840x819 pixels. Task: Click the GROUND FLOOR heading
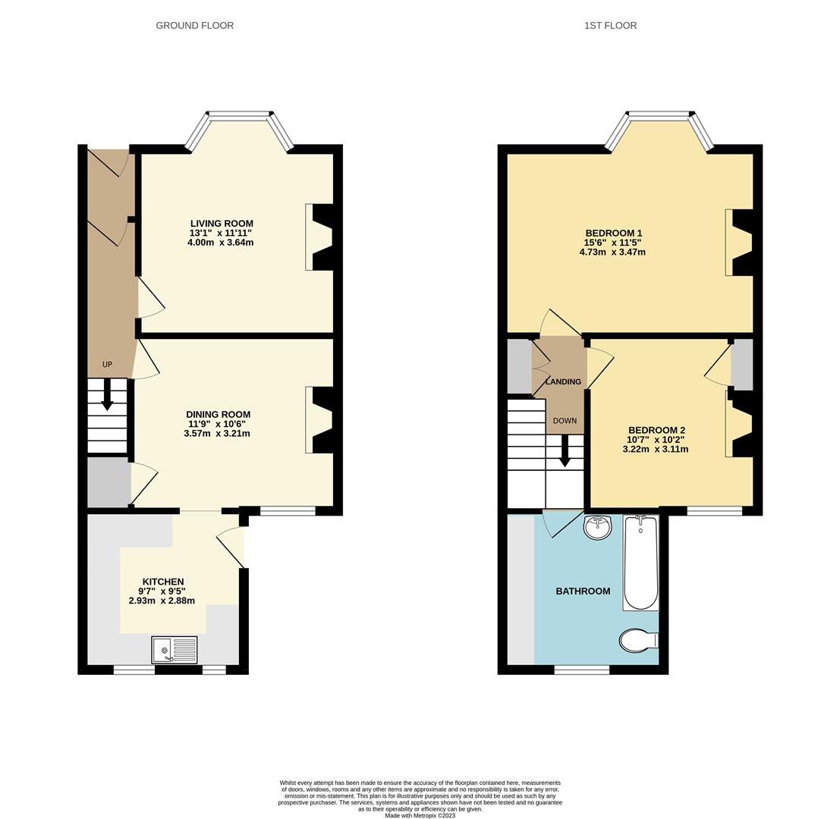(194, 26)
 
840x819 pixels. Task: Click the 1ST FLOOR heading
(610, 26)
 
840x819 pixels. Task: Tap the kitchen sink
(174, 650)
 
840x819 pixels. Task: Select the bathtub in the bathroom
(640, 562)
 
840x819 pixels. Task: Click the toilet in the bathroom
(637, 641)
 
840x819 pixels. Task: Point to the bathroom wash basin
(597, 526)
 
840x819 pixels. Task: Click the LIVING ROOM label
(222, 224)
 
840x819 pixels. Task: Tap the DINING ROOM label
(218, 414)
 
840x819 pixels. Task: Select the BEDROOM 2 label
(656, 430)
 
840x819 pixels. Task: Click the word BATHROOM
(583, 591)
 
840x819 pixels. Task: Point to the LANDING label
(563, 381)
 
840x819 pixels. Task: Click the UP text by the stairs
(107, 365)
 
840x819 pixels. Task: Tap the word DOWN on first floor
(565, 421)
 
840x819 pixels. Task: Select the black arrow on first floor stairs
(565, 451)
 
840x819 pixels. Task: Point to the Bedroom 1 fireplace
(740, 242)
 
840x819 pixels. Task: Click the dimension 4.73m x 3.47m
(612, 253)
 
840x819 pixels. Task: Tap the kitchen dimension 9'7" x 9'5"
(162, 591)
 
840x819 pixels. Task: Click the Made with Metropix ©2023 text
(420, 816)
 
